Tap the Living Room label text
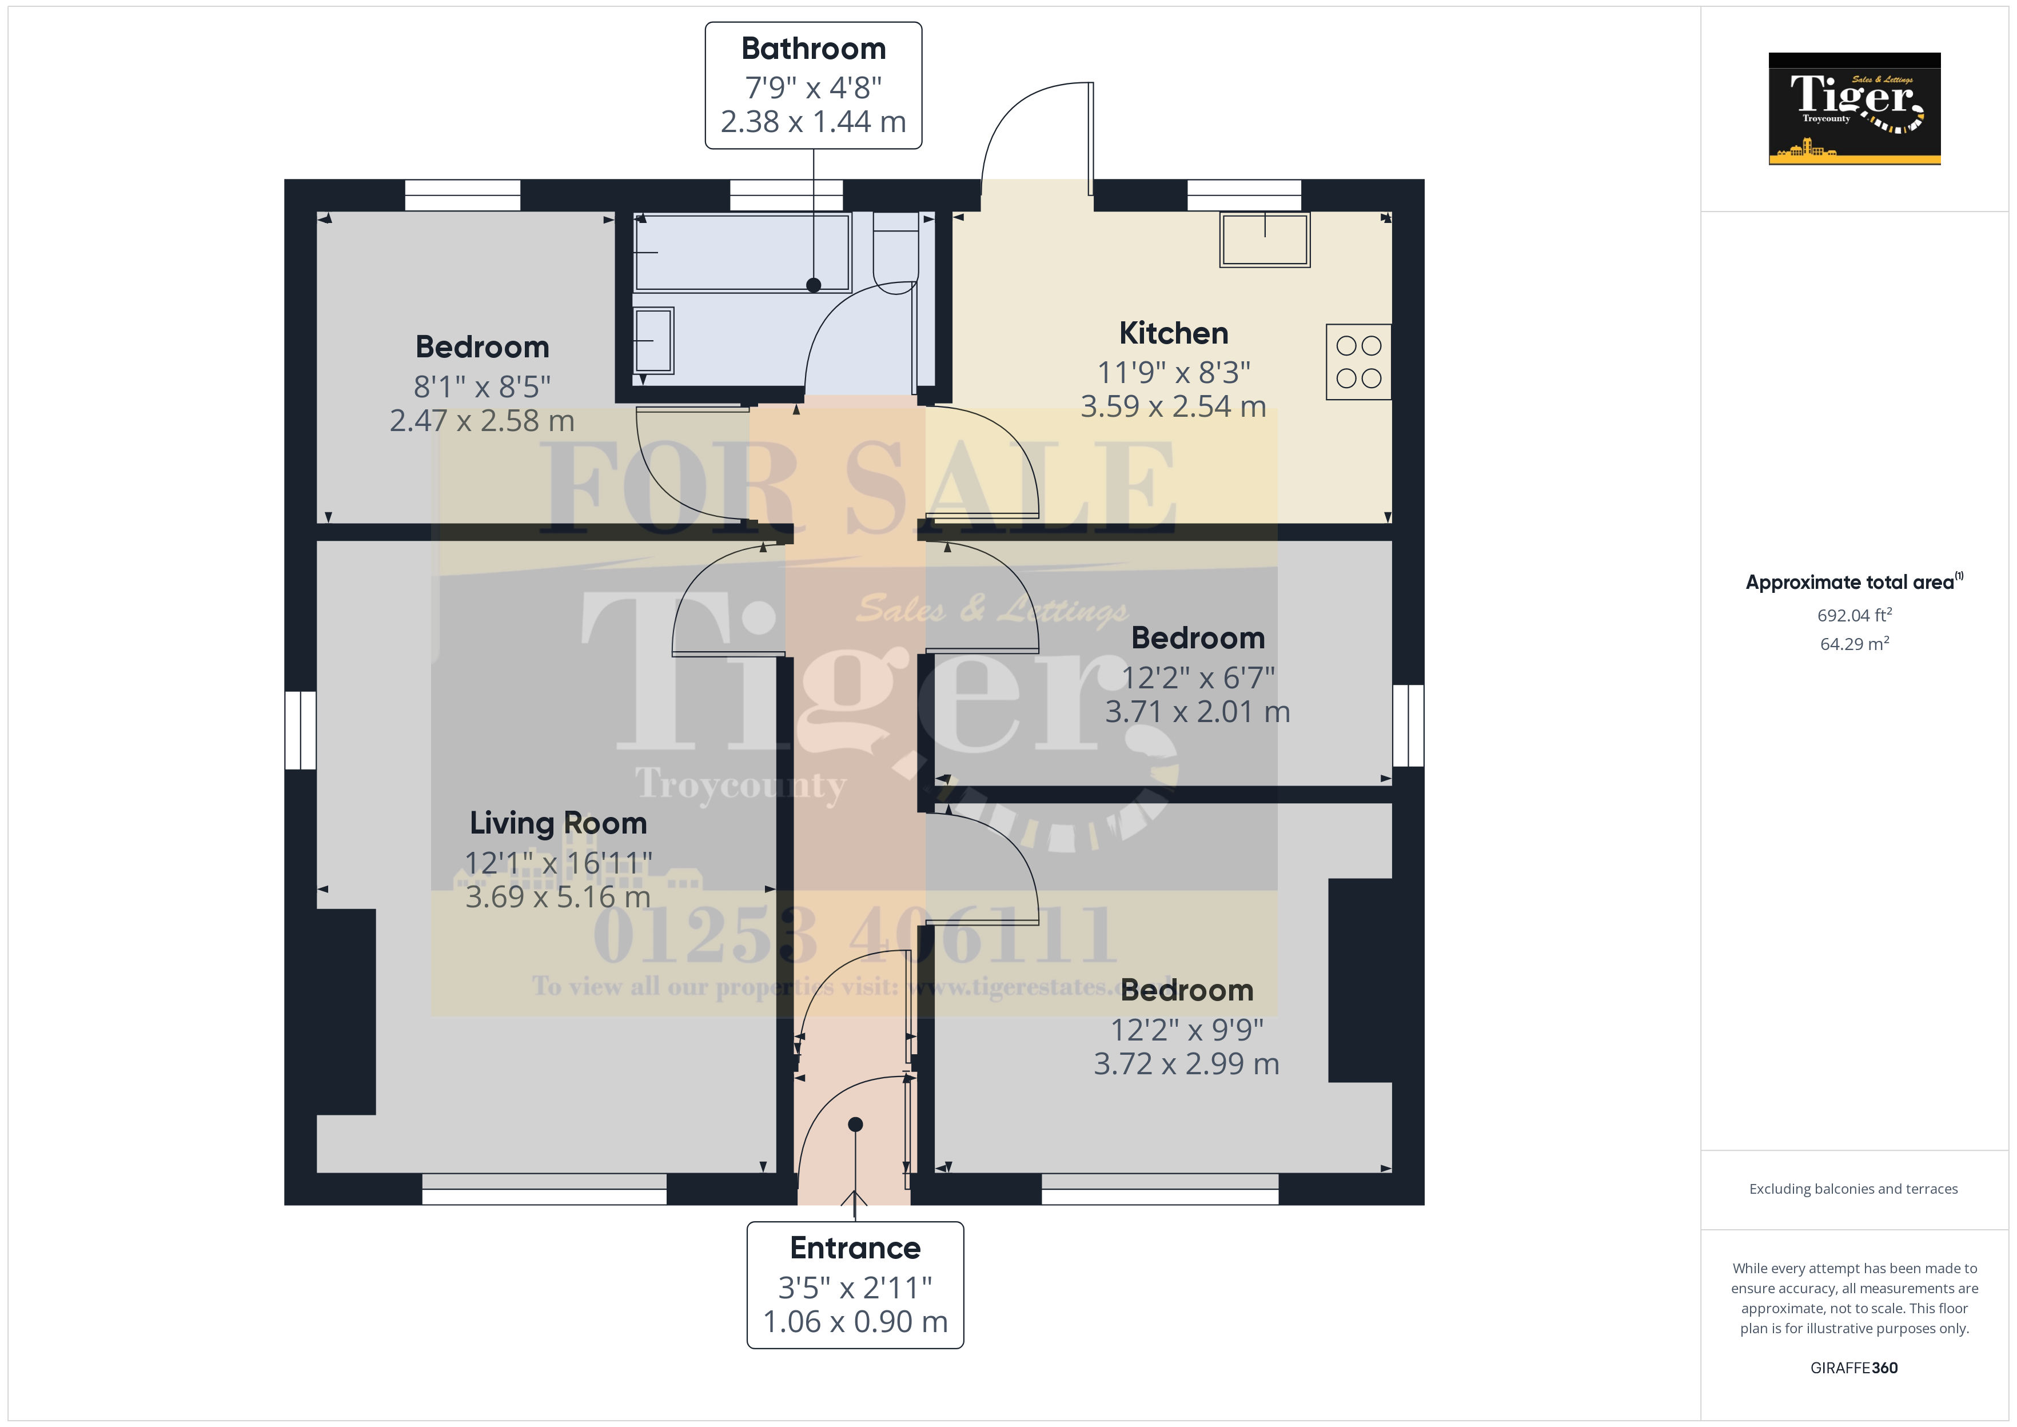click(x=558, y=823)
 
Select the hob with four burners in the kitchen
click(x=1358, y=362)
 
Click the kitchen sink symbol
click(x=1264, y=239)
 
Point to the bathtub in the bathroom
click(x=742, y=252)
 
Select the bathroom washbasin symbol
click(x=653, y=340)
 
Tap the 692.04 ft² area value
click(x=1853, y=615)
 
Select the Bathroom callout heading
click(x=814, y=49)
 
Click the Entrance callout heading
click(x=855, y=1247)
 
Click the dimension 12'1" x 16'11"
click(x=558, y=863)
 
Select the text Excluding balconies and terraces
click(x=1853, y=1189)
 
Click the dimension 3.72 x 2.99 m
click(x=1186, y=1064)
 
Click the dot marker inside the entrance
click(x=855, y=1125)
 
